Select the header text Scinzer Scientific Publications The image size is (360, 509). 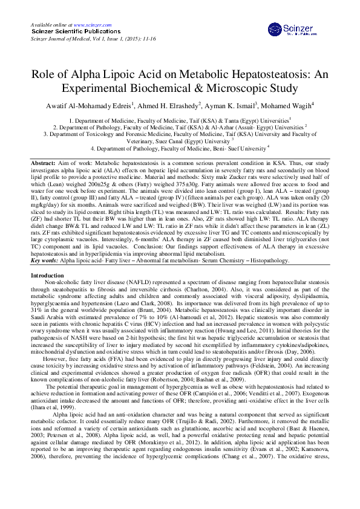point(68,30)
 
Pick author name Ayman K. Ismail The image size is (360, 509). point(235,107)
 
